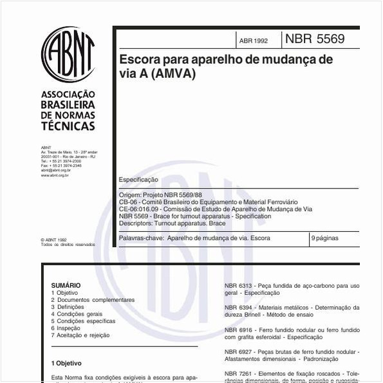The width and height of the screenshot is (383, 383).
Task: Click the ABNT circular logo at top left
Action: [x=68, y=55]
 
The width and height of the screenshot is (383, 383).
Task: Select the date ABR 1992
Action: [x=253, y=41]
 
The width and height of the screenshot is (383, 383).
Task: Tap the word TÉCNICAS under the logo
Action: [x=68, y=126]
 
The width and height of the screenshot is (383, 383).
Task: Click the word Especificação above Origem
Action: [x=138, y=180]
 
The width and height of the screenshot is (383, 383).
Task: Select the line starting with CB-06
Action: [x=208, y=202]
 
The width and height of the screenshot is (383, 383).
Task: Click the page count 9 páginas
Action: [x=324, y=238]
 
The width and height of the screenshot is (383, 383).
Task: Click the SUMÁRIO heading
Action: [x=66, y=285]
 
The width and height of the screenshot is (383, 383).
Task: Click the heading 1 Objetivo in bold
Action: [x=66, y=363]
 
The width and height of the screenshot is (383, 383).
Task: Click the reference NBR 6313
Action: [x=238, y=285]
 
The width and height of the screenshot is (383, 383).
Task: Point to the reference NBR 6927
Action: [x=238, y=351]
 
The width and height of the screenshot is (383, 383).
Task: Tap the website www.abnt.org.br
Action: [x=55, y=175]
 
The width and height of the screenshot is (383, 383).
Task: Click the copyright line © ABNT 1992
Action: [x=53, y=239]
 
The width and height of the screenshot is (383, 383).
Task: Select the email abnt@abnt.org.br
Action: [x=55, y=170]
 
